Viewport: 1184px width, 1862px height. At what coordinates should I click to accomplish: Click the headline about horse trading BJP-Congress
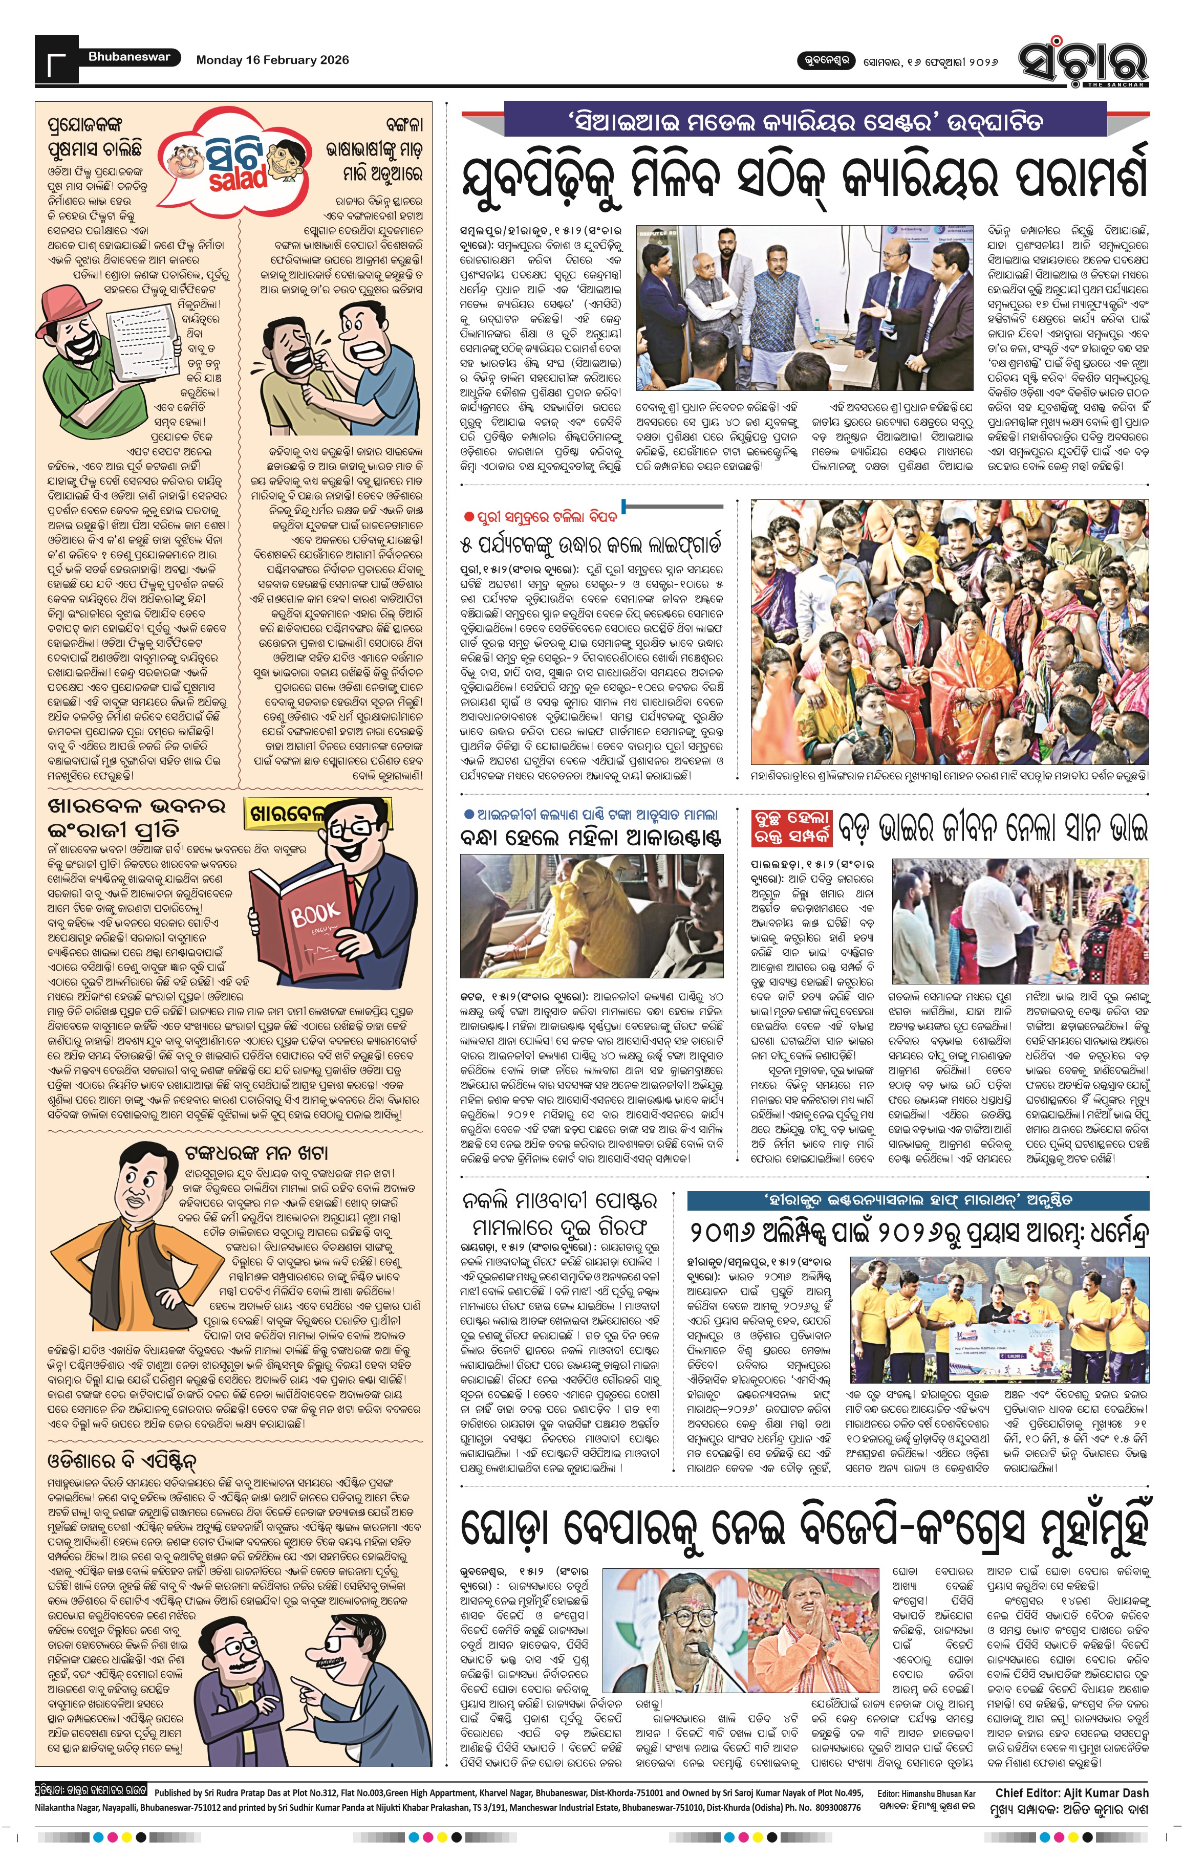tap(804, 1529)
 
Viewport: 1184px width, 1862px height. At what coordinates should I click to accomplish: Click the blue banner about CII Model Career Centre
tap(804, 121)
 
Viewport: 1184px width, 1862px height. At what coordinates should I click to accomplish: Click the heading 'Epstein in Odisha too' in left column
tap(122, 1461)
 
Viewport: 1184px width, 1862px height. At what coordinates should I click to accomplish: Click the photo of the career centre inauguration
tap(804, 308)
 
